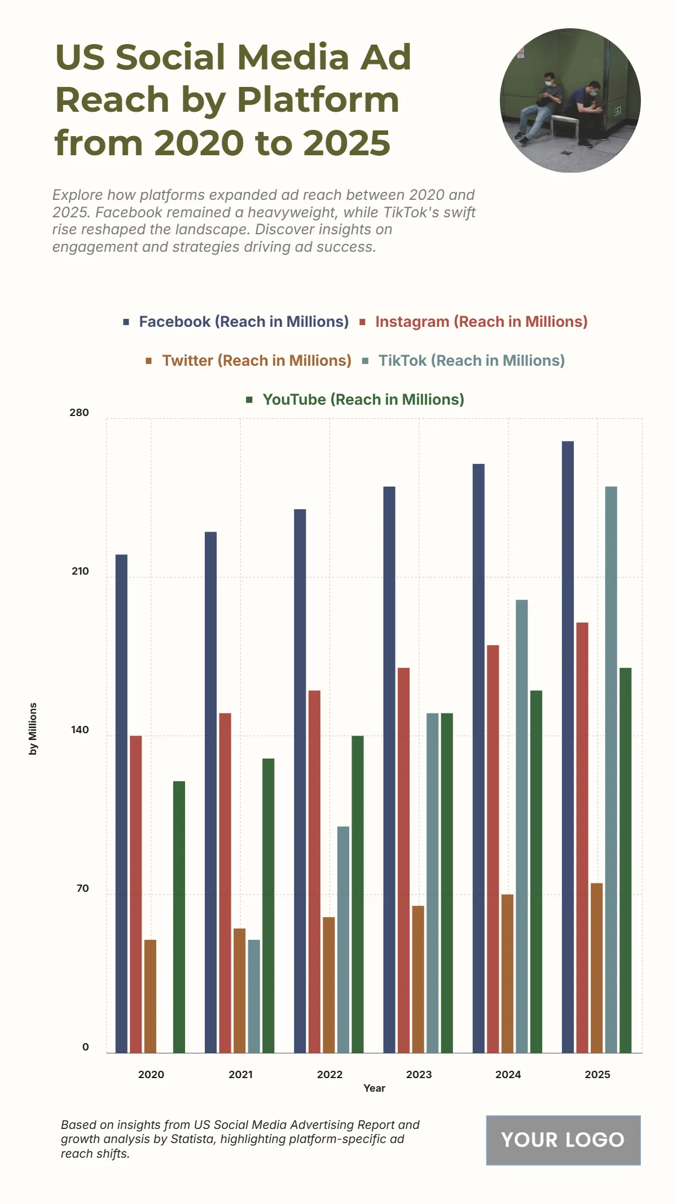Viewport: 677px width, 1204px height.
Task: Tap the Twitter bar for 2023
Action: [418, 979]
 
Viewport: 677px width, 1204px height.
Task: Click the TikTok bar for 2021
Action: [254, 996]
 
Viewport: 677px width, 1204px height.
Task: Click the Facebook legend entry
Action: [243, 322]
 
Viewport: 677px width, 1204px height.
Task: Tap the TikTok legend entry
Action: [471, 361]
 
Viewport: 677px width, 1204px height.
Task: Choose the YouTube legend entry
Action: [363, 400]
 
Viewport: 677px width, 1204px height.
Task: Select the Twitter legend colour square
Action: [149, 361]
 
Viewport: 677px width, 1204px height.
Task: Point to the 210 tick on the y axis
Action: [80, 571]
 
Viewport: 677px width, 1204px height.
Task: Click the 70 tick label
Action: [82, 888]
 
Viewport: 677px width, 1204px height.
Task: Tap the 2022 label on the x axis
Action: [329, 1074]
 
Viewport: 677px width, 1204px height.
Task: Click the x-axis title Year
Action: [374, 1088]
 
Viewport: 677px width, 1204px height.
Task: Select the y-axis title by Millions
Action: [33, 729]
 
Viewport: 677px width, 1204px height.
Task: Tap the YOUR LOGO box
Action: [562, 1140]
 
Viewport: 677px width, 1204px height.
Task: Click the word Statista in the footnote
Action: [191, 1139]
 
